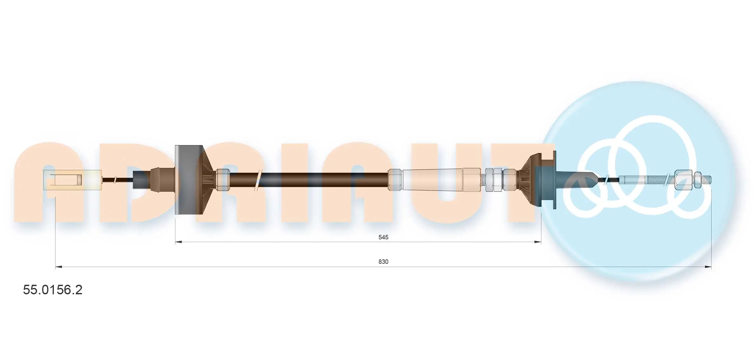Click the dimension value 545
click(383, 237)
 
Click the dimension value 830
click(383, 262)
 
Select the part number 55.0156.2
click(53, 290)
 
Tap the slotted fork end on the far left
click(72, 180)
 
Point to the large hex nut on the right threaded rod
click(683, 180)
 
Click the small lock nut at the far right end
click(698, 180)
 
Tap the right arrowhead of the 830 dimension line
click(708, 267)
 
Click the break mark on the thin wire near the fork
click(115, 180)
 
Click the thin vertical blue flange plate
click(554, 180)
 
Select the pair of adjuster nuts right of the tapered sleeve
click(493, 180)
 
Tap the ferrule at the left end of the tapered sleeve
click(394, 180)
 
